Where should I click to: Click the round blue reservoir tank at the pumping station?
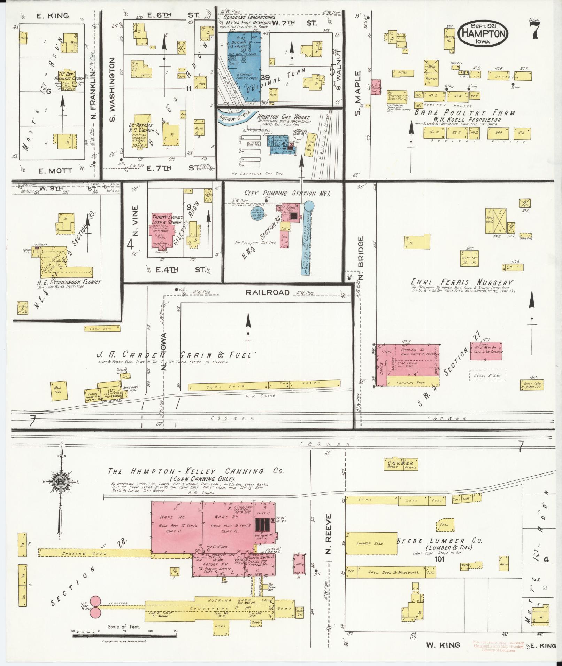[309, 206]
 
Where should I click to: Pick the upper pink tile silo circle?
[95, 601]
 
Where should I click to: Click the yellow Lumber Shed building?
[371, 543]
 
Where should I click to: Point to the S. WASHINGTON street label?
[112, 89]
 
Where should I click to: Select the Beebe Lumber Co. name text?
[440, 541]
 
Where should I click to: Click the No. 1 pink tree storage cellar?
[486, 351]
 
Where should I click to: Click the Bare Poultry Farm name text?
[464, 113]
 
